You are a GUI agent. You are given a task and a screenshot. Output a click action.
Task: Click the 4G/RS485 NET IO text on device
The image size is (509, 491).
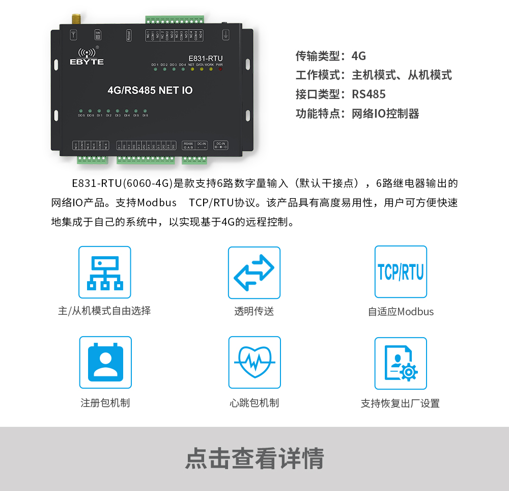click(150, 91)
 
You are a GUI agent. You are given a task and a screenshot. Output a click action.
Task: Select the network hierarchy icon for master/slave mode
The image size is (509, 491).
click(104, 272)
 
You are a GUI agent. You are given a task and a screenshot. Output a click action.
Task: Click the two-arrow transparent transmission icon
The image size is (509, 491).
click(254, 272)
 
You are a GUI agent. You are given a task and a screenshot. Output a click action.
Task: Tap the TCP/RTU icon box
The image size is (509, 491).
click(401, 272)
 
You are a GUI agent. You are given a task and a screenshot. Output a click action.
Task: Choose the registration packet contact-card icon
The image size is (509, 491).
click(105, 362)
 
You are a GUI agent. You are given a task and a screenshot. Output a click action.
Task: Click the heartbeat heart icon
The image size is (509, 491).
click(254, 362)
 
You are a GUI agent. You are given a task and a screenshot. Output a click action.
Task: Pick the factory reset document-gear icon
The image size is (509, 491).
click(401, 363)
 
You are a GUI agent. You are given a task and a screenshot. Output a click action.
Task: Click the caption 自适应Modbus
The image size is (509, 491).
click(401, 312)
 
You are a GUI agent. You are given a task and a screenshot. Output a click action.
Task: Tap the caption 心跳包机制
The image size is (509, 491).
click(254, 403)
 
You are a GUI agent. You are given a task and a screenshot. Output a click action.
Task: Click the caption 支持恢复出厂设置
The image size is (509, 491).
click(400, 403)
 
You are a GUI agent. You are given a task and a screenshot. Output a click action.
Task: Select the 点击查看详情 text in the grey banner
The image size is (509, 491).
click(254, 458)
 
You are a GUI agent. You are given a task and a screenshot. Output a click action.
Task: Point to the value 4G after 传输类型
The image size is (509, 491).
click(359, 56)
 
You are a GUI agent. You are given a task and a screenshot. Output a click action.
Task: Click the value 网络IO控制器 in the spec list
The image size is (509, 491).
click(385, 114)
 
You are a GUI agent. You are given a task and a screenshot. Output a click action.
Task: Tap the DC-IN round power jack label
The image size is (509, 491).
click(221, 145)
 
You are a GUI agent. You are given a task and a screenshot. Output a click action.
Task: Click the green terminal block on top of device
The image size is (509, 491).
click(175, 20)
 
